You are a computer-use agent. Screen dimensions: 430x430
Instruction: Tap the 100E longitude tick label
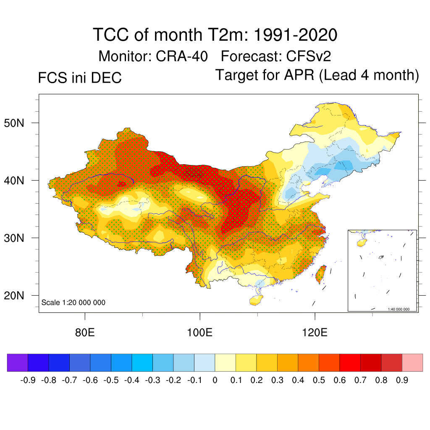click(x=199, y=333)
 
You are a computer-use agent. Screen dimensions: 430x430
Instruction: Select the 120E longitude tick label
click(x=315, y=333)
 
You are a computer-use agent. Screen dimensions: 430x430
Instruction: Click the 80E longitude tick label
click(x=84, y=333)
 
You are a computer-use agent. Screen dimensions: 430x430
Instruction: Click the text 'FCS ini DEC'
click(x=80, y=78)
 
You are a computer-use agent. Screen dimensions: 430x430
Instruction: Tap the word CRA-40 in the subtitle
click(x=181, y=56)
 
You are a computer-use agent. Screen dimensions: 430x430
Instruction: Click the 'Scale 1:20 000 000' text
click(x=73, y=302)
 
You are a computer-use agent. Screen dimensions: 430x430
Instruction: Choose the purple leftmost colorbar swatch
click(x=17, y=362)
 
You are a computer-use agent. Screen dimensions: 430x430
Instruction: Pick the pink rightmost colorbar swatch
click(x=412, y=362)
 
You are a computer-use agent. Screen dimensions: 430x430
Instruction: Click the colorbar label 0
click(x=215, y=380)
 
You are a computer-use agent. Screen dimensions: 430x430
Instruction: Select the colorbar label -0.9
click(x=28, y=380)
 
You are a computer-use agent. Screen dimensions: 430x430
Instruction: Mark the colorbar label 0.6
click(x=340, y=380)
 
